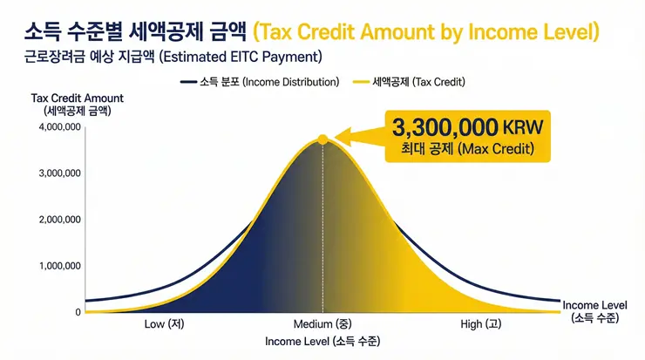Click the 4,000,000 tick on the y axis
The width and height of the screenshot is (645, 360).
tap(60, 127)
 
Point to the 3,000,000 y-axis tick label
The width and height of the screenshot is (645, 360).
tap(60, 173)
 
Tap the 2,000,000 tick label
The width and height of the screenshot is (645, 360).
tap(60, 220)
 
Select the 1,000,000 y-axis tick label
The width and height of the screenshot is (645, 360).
tap(60, 266)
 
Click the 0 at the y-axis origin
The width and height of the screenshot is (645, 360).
tap(78, 312)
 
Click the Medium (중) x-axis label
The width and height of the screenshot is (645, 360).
tap(322, 324)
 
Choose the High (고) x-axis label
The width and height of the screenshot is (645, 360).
tap(480, 324)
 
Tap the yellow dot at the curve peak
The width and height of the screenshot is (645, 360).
tap(322, 139)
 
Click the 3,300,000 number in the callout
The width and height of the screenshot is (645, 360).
tap(445, 126)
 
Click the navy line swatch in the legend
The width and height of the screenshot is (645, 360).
tap(189, 82)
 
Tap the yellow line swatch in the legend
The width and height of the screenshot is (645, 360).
tap(358, 82)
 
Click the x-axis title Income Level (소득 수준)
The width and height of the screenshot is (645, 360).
tap(322, 341)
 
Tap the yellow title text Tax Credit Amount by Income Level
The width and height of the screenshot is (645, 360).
tap(427, 32)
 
